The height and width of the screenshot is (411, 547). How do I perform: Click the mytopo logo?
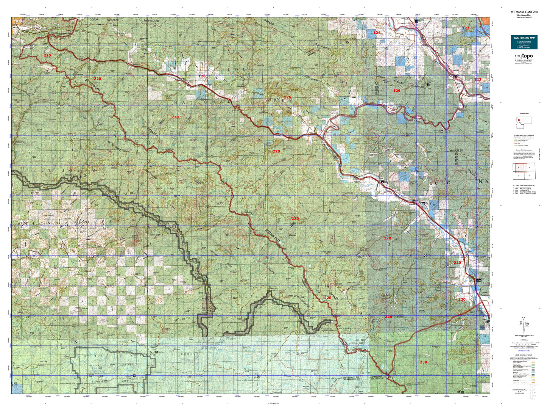(524, 56)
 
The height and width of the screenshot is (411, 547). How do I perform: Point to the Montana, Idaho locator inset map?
(524, 121)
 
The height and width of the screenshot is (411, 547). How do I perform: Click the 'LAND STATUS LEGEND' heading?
(524, 355)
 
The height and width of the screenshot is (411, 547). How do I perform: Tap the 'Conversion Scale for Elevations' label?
(519, 391)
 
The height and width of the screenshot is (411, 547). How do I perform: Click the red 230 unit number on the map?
(423, 362)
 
